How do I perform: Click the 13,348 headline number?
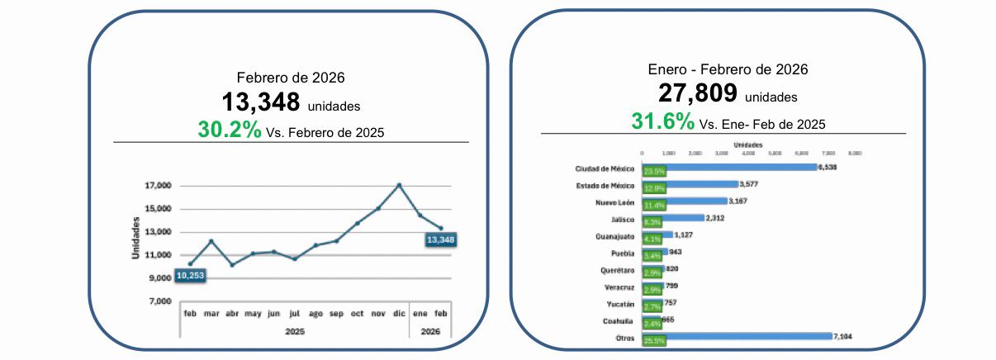coord(260,102)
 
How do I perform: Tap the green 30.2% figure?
coord(229,130)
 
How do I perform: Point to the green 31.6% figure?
coord(663,122)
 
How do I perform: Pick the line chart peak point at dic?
coord(400,185)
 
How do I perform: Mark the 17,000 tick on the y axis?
coord(157,186)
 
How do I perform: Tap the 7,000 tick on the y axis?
coord(159,301)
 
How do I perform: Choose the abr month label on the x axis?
coord(232,315)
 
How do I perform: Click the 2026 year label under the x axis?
coord(430,331)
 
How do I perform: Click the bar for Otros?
coord(747,336)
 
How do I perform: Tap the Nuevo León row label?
coord(614,201)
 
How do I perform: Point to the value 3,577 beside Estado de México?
coord(750,184)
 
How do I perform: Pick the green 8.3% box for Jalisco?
coord(652,220)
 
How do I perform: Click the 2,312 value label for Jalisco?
coord(716,218)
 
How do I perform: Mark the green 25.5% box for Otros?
coord(654,339)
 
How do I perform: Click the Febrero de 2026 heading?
coord(291,78)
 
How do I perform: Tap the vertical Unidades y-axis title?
coord(135,239)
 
